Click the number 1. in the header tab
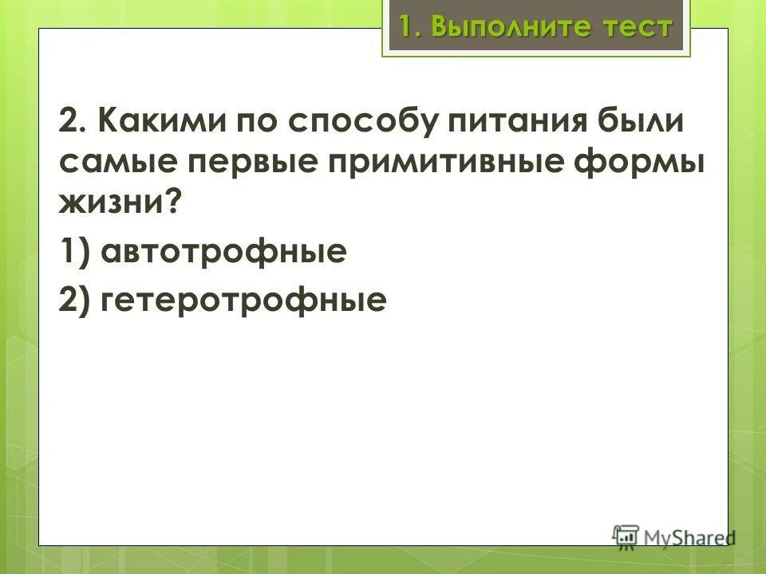click(x=409, y=27)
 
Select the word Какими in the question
click(x=164, y=123)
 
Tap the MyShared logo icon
click(x=626, y=537)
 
